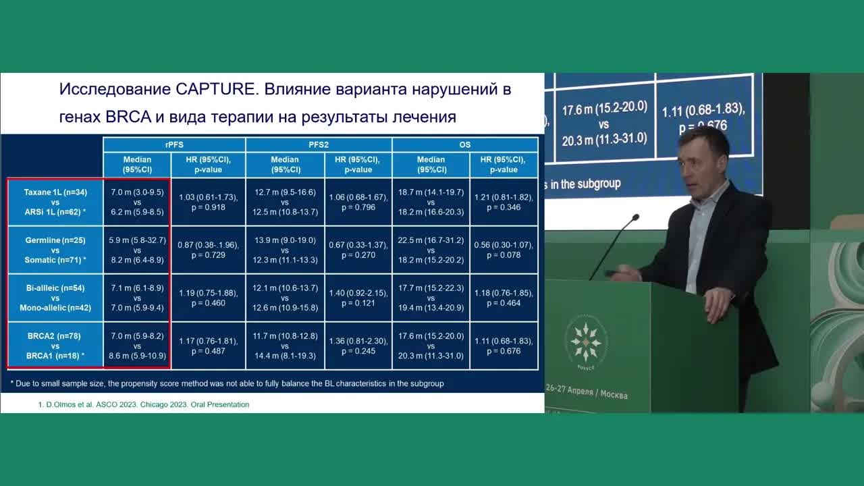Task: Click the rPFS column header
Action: coord(174,144)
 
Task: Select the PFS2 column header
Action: coord(319,144)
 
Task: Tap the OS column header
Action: coord(465,144)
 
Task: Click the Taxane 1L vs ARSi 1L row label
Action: coord(55,202)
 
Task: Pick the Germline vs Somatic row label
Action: coord(55,250)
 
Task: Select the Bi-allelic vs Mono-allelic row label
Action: coord(55,298)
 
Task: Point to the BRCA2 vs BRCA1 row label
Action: coord(55,346)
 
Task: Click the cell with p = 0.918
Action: coord(209,202)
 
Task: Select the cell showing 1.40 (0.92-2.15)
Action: coord(358,298)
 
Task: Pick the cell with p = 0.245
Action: coord(358,346)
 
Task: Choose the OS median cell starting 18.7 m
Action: coord(431,202)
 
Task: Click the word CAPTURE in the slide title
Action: coord(215,90)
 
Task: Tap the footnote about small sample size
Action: coord(227,383)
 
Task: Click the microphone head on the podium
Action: coord(634,218)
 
